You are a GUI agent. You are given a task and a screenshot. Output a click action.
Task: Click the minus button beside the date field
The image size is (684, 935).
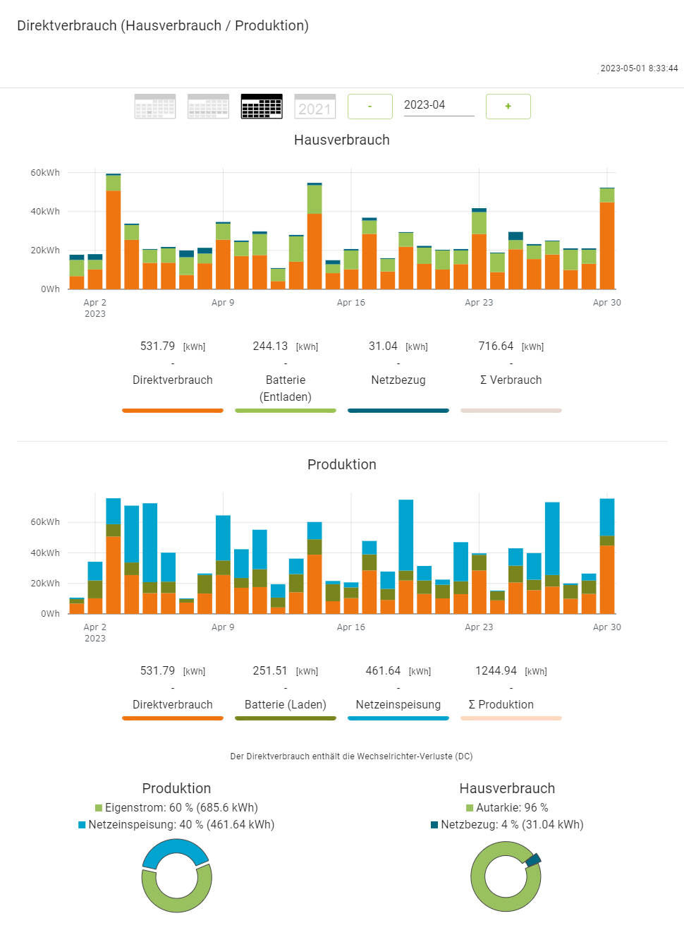tap(370, 107)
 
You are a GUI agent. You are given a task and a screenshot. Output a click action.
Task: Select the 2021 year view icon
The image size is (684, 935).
tap(314, 107)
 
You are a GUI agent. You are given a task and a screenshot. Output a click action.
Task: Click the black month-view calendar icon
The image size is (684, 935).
tap(262, 107)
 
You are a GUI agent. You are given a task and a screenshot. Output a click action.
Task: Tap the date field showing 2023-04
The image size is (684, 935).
tap(438, 105)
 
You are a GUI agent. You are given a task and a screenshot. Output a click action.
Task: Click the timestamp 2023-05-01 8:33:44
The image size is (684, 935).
tap(639, 68)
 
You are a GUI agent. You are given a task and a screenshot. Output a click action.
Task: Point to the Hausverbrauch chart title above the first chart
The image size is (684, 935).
tap(342, 140)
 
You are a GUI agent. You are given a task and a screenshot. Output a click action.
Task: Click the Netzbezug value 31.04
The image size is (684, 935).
tap(383, 346)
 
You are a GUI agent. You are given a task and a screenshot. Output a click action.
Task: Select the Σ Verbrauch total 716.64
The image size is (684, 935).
tap(496, 346)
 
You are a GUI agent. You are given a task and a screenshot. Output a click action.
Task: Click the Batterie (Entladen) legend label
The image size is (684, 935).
tap(286, 388)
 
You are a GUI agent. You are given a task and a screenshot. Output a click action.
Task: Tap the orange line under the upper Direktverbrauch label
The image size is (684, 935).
tap(173, 410)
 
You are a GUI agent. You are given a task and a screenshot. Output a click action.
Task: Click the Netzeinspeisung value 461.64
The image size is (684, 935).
tap(383, 671)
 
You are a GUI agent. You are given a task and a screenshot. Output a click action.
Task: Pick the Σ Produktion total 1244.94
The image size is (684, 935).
tap(496, 671)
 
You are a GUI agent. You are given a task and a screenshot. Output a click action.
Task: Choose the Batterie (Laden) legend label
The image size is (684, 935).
tap(286, 704)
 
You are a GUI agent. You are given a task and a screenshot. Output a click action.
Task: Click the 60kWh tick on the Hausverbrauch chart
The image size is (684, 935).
tap(45, 173)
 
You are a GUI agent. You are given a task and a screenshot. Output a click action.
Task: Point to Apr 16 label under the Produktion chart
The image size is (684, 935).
tap(350, 627)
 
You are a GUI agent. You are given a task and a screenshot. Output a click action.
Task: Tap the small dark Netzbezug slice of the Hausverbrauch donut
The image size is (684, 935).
tap(533, 859)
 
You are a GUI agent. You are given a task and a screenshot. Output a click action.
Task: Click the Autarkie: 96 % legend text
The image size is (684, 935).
tap(512, 807)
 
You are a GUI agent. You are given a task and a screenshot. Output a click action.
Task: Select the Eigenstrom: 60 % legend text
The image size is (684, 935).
tap(181, 807)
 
